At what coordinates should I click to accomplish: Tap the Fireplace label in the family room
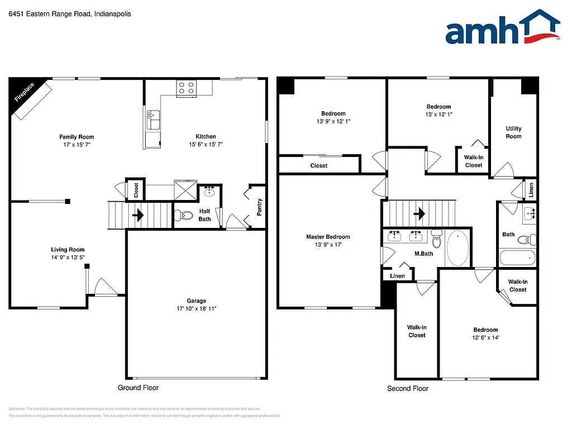(x=24, y=93)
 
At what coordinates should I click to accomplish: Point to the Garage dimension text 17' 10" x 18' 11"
(x=197, y=308)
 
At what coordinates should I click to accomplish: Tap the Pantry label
(x=259, y=207)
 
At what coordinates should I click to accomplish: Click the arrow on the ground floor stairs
(x=138, y=214)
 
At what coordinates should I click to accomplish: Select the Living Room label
(x=68, y=250)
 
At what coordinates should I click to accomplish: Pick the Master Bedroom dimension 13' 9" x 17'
(x=328, y=245)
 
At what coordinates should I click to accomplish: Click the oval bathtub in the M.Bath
(x=458, y=249)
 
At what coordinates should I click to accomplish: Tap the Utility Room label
(x=513, y=132)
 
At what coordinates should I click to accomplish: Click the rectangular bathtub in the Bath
(x=517, y=258)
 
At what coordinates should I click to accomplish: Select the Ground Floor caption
(x=138, y=388)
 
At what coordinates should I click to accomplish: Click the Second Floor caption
(x=408, y=388)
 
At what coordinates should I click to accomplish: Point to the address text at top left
(x=70, y=14)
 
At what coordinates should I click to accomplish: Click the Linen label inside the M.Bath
(x=397, y=276)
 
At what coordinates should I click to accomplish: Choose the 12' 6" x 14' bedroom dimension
(x=485, y=337)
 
